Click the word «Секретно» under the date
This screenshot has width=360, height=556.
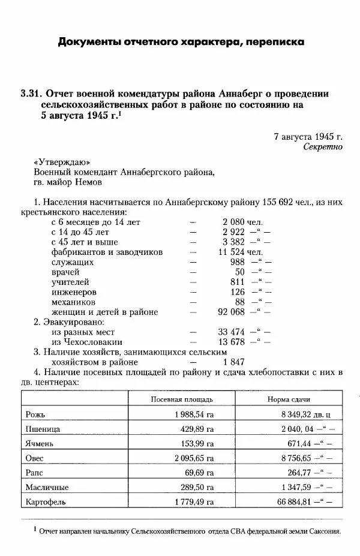[322, 146]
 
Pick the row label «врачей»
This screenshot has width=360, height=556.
[66, 272]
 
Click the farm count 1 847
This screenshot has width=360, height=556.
[233, 362]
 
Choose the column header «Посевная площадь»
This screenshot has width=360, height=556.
[181, 399]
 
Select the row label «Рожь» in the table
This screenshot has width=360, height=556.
[36, 414]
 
